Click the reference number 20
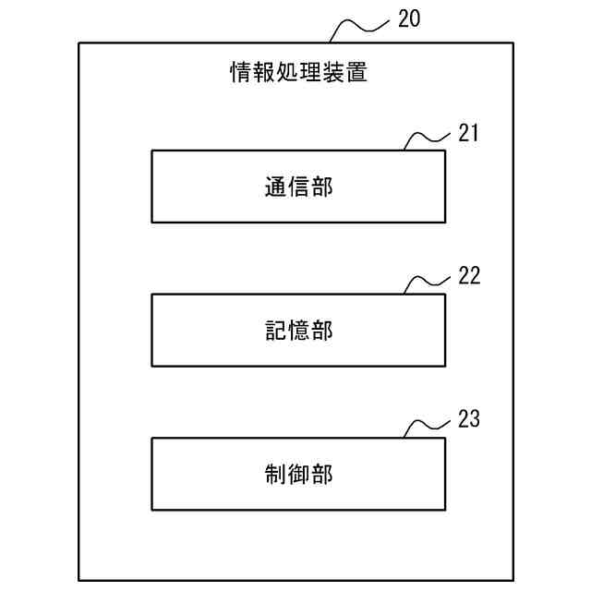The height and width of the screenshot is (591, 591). coord(407,18)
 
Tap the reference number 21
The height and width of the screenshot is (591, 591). coord(468,133)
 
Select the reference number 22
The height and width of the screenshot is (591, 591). coord(468,276)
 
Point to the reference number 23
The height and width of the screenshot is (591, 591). coord(468,419)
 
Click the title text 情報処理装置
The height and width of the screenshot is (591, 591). coord(297,72)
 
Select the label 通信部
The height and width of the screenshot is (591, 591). coord(297,187)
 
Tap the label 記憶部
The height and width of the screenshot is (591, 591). coord(297,331)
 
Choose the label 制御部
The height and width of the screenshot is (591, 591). coord(297,475)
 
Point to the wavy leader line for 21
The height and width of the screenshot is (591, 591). coord(427,139)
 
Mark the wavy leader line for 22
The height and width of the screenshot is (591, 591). coord(427,283)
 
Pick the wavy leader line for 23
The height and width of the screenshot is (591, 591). coord(427,426)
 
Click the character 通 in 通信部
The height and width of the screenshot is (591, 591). coord(274,187)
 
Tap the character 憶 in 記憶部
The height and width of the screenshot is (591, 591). coord(297,331)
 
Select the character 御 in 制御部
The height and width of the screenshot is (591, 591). coord(297,475)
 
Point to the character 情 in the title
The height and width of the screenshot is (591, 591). coord(240,72)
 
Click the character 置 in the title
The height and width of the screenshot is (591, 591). coord(356,72)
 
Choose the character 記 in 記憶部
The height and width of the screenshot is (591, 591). coord(274,331)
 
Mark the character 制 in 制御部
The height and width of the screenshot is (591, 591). coord(274,475)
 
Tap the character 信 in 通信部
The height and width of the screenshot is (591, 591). coord(297,187)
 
